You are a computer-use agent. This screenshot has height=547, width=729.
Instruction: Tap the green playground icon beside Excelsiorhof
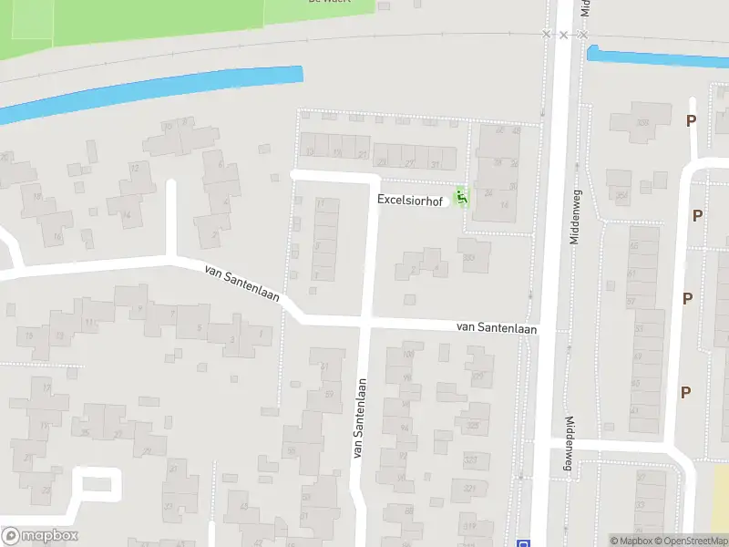[x=462, y=195]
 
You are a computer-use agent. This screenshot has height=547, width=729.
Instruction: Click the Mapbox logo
[x=39, y=536]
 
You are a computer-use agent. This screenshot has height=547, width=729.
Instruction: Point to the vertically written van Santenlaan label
[x=359, y=418]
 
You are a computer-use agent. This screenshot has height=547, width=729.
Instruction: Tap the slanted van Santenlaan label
[x=241, y=283]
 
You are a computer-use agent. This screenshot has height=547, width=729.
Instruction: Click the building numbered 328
[x=642, y=123]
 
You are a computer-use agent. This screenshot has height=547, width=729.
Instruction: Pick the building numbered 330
[x=470, y=257]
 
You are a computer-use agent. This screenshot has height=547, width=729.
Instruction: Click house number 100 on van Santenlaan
[x=406, y=355]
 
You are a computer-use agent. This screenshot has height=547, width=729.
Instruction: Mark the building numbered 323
[x=470, y=461]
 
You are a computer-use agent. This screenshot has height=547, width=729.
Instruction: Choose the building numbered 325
[x=472, y=425]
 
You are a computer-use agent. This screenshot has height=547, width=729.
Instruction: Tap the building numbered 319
[x=470, y=526]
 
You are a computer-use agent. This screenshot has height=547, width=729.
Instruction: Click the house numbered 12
[x=136, y=169]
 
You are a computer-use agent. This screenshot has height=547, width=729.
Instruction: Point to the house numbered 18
[x=37, y=196]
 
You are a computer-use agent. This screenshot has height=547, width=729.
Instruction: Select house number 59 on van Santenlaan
[x=329, y=394]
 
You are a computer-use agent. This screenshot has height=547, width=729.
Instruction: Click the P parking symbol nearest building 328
[x=692, y=120]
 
